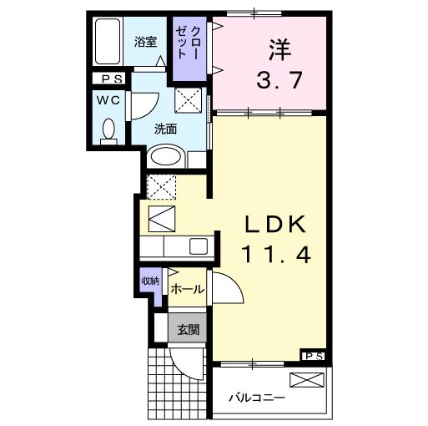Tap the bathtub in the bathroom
point(107,41)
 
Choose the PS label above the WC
point(109,79)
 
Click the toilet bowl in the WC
point(108,130)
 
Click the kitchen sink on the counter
point(199,246)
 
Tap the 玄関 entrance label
point(188,329)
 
